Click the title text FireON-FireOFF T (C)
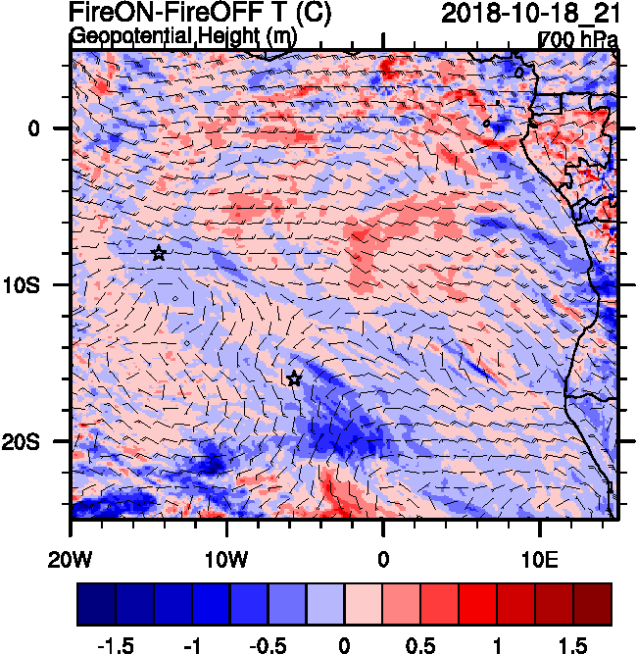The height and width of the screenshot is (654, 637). (200, 14)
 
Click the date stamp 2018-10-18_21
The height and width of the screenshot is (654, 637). (530, 14)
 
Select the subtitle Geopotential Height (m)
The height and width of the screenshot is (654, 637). (183, 36)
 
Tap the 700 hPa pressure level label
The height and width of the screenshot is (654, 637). (579, 40)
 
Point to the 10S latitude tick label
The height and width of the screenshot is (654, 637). (36, 285)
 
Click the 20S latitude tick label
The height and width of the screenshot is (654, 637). (36, 442)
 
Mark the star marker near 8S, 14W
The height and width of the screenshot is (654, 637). (159, 253)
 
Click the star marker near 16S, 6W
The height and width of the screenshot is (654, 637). (294, 378)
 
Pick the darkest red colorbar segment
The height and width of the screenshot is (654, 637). (593, 605)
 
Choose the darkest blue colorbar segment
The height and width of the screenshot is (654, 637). (96, 605)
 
